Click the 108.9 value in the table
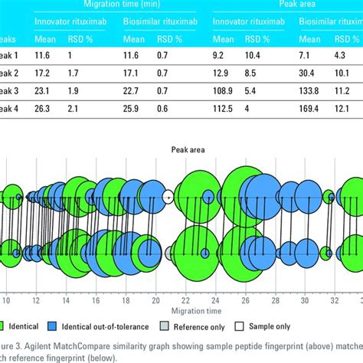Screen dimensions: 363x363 [224, 110]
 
